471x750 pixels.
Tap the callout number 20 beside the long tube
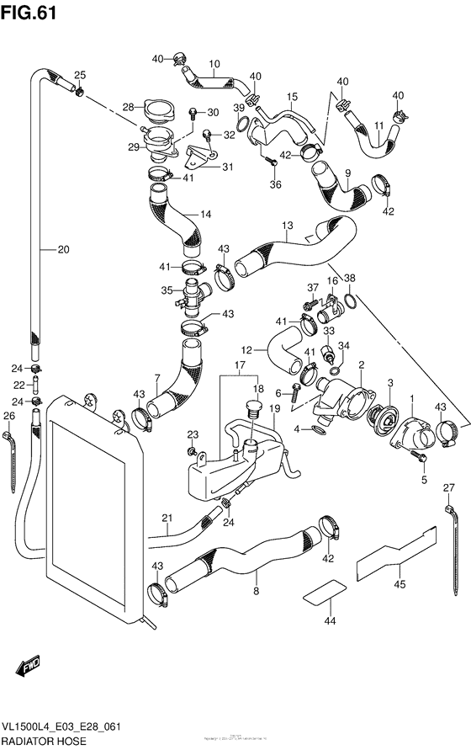point(64,248)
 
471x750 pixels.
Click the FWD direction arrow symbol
point(23,669)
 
